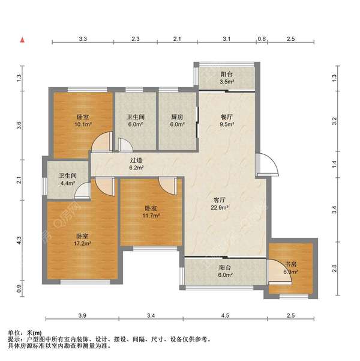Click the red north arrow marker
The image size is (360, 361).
pyautogui.click(x=22, y=40)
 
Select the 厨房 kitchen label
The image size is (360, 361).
pyautogui.click(x=177, y=117)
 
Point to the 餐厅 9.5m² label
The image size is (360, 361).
pyautogui.click(x=227, y=121)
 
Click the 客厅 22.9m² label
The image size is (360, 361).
pyautogui.click(x=220, y=204)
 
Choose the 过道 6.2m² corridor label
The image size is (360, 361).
pyautogui.click(x=136, y=164)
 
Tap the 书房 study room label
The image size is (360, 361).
pyautogui.click(x=291, y=264)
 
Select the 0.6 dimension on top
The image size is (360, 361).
pyautogui.click(x=262, y=38)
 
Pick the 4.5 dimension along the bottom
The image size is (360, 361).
pyautogui.click(x=225, y=315)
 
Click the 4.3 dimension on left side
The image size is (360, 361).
pyautogui.click(x=19, y=241)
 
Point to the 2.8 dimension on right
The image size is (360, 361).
pyautogui.click(x=334, y=268)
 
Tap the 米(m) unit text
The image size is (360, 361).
pyautogui.click(x=35, y=333)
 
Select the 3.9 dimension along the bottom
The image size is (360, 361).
pyautogui.click(x=82, y=315)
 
